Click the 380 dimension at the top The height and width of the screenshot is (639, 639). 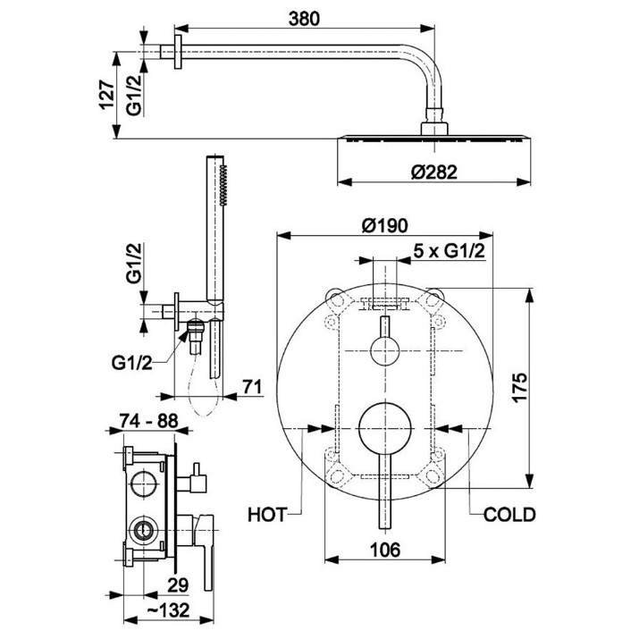pyautogui.click(x=304, y=19)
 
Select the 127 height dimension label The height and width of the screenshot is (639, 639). pyautogui.click(x=106, y=96)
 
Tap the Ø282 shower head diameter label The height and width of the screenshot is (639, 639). pyautogui.click(x=433, y=172)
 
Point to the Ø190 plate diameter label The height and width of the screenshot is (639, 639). pyautogui.click(x=384, y=225)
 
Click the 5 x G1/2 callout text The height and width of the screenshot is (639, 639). pyautogui.click(x=450, y=251)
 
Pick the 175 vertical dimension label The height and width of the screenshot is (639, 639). pyautogui.click(x=519, y=388)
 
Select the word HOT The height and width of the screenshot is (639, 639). pyautogui.click(x=267, y=515)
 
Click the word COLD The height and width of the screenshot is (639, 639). pyautogui.click(x=509, y=515)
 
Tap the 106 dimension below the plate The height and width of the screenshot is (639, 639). pyautogui.click(x=385, y=551)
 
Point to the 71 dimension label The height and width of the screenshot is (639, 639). pyautogui.click(x=252, y=387)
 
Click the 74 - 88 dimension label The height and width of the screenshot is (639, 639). pyautogui.click(x=148, y=421)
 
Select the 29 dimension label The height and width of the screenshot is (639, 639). pyautogui.click(x=178, y=585)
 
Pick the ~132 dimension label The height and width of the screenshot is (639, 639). pyautogui.click(x=167, y=610)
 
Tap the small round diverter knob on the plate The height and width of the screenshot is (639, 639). pyautogui.click(x=384, y=351)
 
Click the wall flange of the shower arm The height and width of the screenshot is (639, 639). pyautogui.click(x=178, y=52)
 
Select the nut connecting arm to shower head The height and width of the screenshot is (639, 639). pyautogui.click(x=434, y=114)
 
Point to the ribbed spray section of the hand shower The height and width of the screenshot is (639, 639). pyautogui.click(x=223, y=185)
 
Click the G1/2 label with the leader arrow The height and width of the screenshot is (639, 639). pyautogui.click(x=131, y=363)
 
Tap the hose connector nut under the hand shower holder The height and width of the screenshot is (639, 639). pyautogui.click(x=196, y=327)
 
